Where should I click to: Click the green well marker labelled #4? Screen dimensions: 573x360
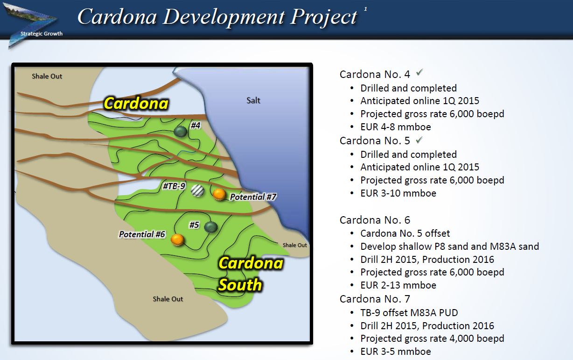180,132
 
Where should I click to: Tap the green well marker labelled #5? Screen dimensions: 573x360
211,227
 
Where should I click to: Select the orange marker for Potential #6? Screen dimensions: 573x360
177,240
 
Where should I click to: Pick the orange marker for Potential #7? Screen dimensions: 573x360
219,194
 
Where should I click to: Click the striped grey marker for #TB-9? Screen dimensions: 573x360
197,191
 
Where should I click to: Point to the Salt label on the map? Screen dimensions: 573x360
253,100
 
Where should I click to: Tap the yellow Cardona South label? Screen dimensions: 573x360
251,274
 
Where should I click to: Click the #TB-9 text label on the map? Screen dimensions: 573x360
174,186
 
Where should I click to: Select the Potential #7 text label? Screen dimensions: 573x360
253,197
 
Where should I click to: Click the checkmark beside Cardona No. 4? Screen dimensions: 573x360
419,72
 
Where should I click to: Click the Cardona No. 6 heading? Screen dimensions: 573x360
375,220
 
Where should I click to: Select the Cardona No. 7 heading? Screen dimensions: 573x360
375,299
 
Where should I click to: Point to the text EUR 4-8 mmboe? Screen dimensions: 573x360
396,127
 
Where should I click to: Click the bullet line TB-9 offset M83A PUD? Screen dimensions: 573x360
409,313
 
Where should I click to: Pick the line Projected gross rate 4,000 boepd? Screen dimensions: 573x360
432,339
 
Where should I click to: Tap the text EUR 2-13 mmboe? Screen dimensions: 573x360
398,285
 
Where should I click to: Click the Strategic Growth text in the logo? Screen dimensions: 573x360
42,34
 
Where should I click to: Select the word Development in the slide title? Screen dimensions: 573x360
224,17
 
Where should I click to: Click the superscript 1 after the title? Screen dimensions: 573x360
365,9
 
